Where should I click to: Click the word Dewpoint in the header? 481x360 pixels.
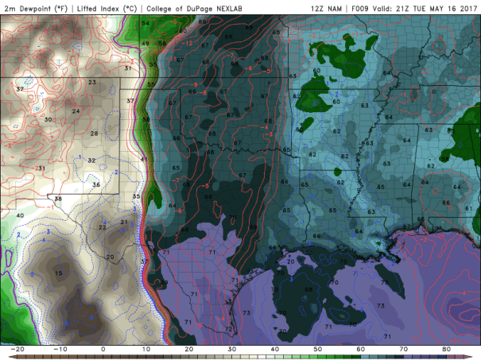click(x=41, y=8)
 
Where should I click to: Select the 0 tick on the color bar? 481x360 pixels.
click(x=103, y=349)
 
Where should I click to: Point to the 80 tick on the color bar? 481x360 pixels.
click(x=447, y=349)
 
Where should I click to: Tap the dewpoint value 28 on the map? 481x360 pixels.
click(x=94, y=134)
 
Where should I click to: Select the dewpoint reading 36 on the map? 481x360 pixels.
click(x=96, y=184)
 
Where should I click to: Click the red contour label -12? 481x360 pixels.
click(x=188, y=43)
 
